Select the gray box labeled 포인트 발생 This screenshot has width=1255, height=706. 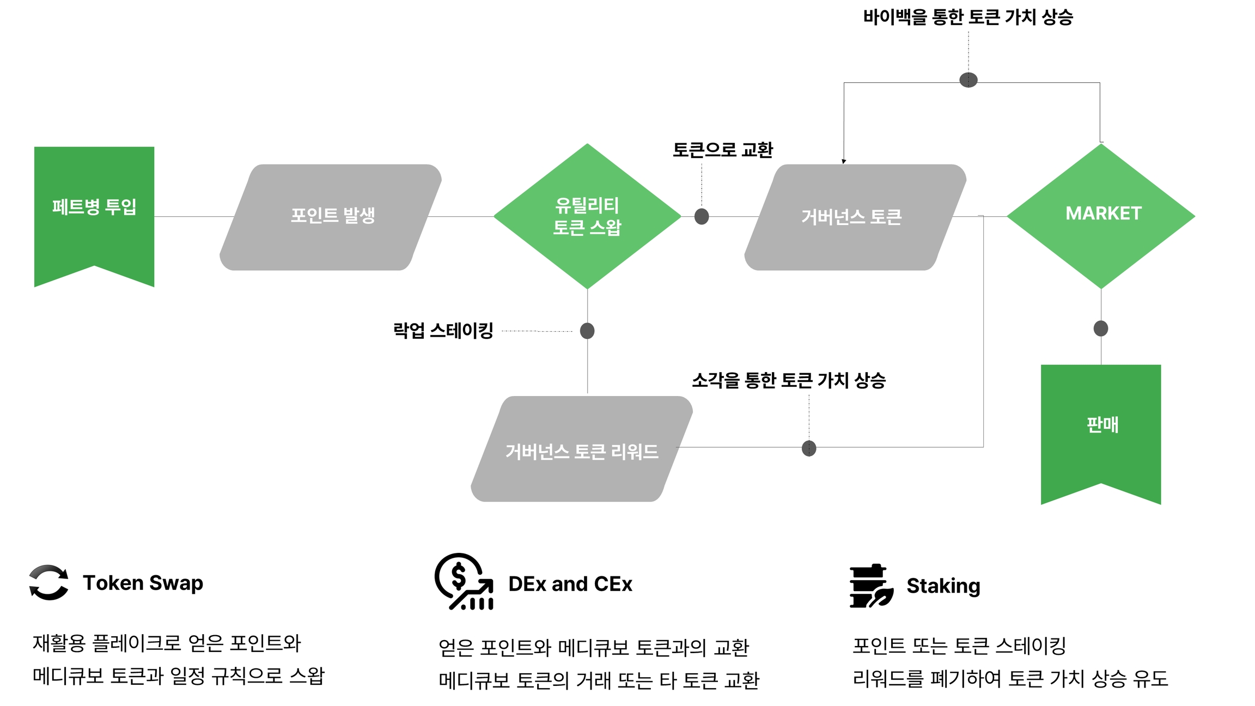[331, 217]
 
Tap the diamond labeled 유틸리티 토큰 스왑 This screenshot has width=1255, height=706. [587, 216]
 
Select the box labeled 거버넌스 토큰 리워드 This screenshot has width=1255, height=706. [581, 449]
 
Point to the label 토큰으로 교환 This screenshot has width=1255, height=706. [722, 150]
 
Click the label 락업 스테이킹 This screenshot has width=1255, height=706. [443, 330]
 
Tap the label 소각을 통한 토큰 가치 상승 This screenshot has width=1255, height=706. [789, 380]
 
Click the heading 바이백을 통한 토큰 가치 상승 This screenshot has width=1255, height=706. [968, 17]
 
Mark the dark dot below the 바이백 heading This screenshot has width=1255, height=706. [968, 80]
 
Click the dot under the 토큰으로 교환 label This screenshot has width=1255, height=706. [702, 216]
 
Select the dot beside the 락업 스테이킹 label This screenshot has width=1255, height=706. [587, 331]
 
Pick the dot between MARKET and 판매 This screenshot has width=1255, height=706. [1101, 328]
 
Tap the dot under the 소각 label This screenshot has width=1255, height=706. [809, 448]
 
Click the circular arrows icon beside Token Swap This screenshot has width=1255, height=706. [49, 582]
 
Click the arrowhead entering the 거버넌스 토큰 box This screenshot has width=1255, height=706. [844, 161]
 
